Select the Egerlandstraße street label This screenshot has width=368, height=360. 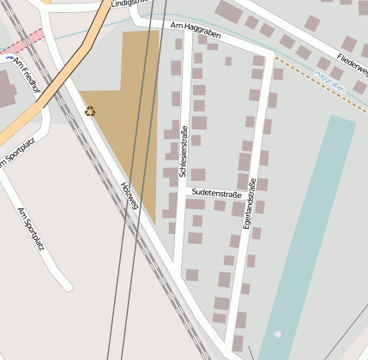(250, 202)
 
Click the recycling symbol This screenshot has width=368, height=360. (90, 111)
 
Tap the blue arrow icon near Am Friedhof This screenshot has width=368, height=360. (9, 59)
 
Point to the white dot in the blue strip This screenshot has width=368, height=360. (277, 334)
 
